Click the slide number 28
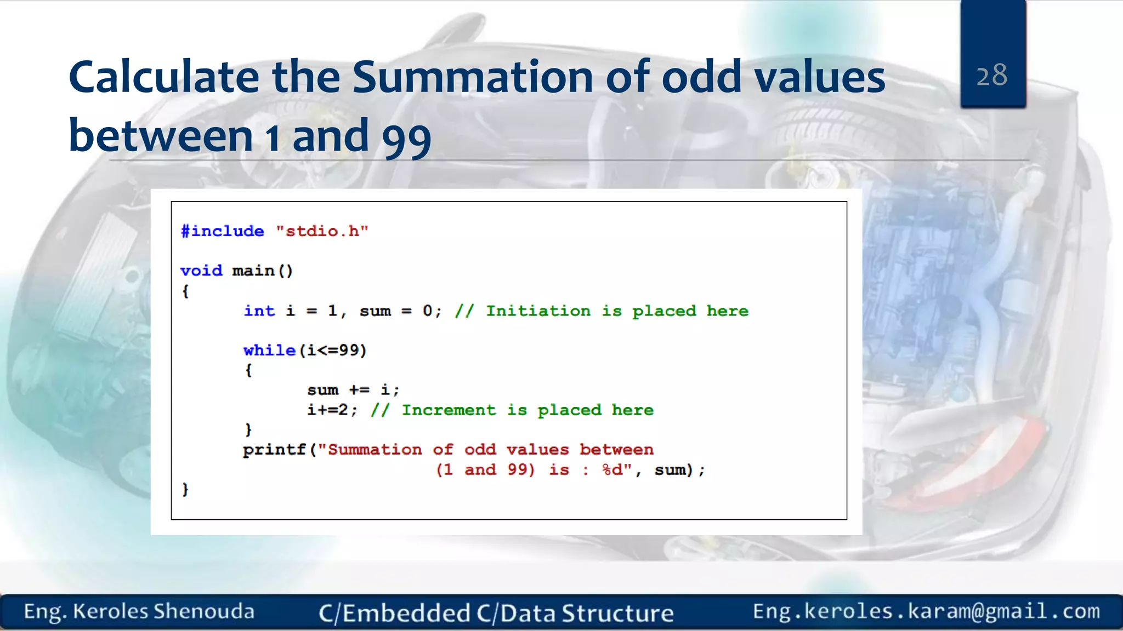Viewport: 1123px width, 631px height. point(992,75)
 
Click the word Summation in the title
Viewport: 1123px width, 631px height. point(472,77)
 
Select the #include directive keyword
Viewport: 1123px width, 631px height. point(222,231)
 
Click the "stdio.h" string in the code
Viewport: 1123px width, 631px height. point(322,231)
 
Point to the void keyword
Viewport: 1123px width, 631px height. point(201,271)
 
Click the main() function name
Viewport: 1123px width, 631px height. point(262,271)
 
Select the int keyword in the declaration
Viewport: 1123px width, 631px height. point(259,311)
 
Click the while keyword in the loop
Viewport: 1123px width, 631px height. point(269,350)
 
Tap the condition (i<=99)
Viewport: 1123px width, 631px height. point(332,350)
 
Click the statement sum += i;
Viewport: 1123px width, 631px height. point(353,390)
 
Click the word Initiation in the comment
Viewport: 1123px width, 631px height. point(538,311)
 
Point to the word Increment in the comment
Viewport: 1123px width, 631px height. point(449,410)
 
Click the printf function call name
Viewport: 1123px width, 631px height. point(274,450)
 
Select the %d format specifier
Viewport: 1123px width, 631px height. point(612,469)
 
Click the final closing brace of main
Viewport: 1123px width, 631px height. point(185,489)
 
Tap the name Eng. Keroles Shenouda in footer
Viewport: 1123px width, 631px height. point(139,611)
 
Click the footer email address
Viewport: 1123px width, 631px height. point(926,611)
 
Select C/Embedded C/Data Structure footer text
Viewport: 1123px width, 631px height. point(496,613)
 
